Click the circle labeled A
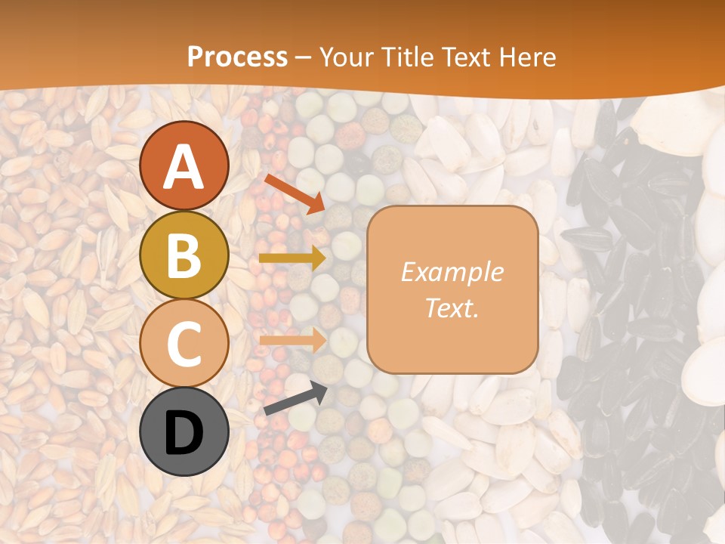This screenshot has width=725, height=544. pyautogui.click(x=184, y=165)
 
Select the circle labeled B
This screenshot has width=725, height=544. pyautogui.click(x=184, y=255)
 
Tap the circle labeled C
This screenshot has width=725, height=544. pyautogui.click(x=184, y=343)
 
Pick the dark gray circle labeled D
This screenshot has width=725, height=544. pyautogui.click(x=184, y=432)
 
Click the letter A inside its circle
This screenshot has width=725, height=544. pyautogui.click(x=184, y=166)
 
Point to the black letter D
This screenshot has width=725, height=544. pyautogui.click(x=184, y=433)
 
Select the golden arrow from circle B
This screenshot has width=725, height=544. pyautogui.click(x=292, y=258)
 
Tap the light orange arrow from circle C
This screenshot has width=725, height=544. pyautogui.click(x=292, y=341)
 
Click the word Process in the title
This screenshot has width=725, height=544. pyautogui.click(x=237, y=57)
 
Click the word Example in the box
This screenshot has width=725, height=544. pyautogui.click(x=452, y=272)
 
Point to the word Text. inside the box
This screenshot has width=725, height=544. pyautogui.click(x=452, y=308)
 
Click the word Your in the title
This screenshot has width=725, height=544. pyautogui.click(x=345, y=57)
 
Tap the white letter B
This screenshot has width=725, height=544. pyautogui.click(x=184, y=255)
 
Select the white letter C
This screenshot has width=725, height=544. pyautogui.click(x=184, y=344)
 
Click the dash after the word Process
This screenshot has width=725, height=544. pyautogui.click(x=303, y=57)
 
